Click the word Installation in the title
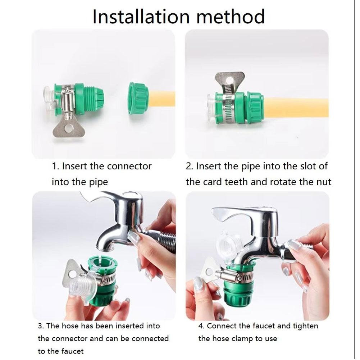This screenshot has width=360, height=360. tap(141, 17)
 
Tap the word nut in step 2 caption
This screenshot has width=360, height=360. tap(323, 182)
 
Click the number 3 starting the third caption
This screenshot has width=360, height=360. tap(40, 326)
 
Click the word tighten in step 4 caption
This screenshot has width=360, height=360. tap(305, 327)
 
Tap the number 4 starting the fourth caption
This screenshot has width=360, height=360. tap(201, 326)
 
